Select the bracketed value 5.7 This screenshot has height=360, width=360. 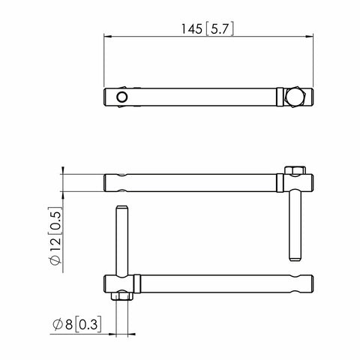pyautogui.click(x=220, y=29)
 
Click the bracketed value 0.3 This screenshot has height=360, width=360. pyautogui.click(x=89, y=325)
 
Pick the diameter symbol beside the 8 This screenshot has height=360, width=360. pyautogui.click(x=57, y=325)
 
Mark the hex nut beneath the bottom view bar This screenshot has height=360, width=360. pyautogui.click(x=120, y=295)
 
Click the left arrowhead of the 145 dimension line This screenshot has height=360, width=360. pyautogui.click(x=106, y=35)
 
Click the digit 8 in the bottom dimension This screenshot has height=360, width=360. pyautogui.click(x=70, y=325)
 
